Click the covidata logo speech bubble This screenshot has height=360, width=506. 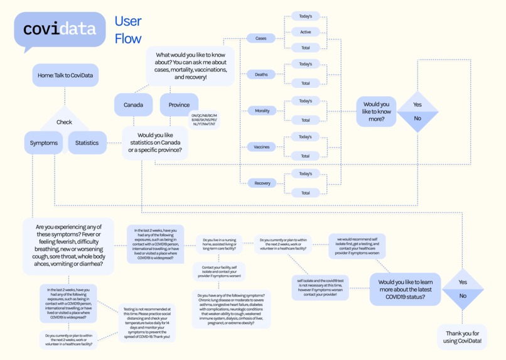pyautogui.click(x=60, y=30)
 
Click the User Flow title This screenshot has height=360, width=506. pyautogui.click(x=128, y=30)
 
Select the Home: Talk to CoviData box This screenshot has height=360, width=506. pyautogui.click(x=65, y=75)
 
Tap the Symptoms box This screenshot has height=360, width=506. pyautogui.click(x=43, y=143)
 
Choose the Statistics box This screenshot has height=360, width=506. pyautogui.click(x=87, y=143)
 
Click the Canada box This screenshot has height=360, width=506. pyautogui.click(x=133, y=105)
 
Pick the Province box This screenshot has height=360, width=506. pyautogui.click(x=179, y=105)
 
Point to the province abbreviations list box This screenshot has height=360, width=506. pyautogui.click(x=204, y=119)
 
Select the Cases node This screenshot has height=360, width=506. pyautogui.click(x=261, y=38)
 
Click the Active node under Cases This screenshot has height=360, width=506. pyautogui.click(x=305, y=32)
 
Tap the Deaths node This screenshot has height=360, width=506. pyautogui.click(x=261, y=74)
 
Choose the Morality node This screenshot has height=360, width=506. pyautogui.click(x=262, y=111)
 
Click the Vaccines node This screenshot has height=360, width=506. pyautogui.click(x=261, y=147)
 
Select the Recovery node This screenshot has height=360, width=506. pyautogui.click(x=262, y=183)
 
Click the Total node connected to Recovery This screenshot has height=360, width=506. pyautogui.click(x=305, y=193)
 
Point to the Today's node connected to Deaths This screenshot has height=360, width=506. pyautogui.click(x=305, y=64)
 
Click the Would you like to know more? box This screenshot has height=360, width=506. pyautogui.click(x=376, y=112)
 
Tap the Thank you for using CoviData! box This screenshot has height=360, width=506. pyautogui.click(x=462, y=337)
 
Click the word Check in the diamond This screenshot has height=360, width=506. pyautogui.click(x=64, y=123)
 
